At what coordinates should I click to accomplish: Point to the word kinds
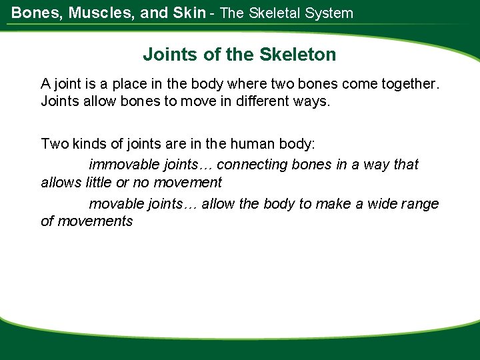pyautogui.click(x=90, y=144)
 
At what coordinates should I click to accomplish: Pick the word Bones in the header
pyautogui.click(x=33, y=13)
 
